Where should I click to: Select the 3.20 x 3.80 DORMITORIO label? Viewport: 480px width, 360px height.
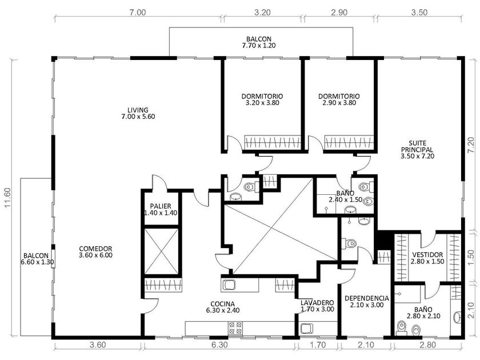262,99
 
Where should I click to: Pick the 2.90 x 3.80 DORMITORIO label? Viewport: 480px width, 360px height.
339,99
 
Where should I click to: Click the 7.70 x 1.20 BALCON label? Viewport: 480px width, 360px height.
259,42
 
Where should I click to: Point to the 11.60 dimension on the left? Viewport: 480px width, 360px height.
7,198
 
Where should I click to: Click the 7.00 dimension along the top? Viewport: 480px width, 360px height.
137,13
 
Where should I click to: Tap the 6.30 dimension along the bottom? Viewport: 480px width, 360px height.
219,345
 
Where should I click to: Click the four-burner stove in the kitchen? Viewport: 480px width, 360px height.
235,328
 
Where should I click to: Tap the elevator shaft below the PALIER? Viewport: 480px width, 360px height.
161,251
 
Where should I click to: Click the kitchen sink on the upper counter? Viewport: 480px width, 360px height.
228,285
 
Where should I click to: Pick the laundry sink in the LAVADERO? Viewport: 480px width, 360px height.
306,329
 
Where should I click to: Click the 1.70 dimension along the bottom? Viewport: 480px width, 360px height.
318,345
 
